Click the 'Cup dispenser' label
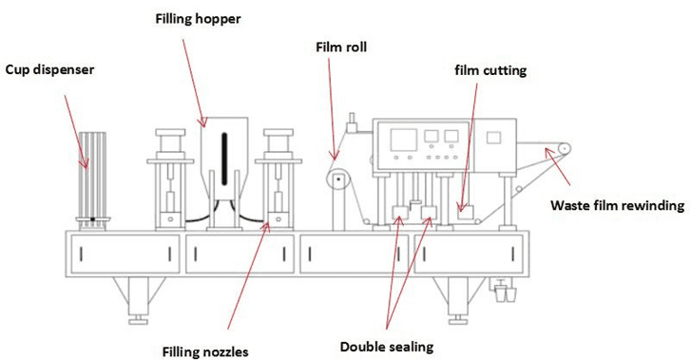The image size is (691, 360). click(x=49, y=70)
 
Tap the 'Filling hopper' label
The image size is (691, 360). click(x=199, y=19)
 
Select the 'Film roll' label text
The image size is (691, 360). click(x=341, y=47)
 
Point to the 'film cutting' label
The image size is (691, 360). click(x=490, y=70)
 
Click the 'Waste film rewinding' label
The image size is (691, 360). click(x=618, y=205)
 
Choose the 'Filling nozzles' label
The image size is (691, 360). click(x=205, y=352)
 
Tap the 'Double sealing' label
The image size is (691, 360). click(x=387, y=347)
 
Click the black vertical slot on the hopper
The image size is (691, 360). click(x=224, y=159)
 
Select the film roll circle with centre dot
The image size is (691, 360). click(x=337, y=180)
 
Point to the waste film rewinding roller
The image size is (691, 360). click(x=564, y=149)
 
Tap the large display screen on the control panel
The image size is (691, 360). click(x=404, y=141)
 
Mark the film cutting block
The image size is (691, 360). click(x=466, y=213)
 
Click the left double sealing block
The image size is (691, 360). click(x=400, y=213)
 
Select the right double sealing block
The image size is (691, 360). click(x=429, y=213)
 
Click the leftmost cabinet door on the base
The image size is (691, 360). click(x=125, y=254)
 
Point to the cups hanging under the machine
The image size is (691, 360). click(x=505, y=294)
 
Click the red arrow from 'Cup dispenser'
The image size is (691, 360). click(x=76, y=132)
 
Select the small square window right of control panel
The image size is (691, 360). click(x=493, y=138)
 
